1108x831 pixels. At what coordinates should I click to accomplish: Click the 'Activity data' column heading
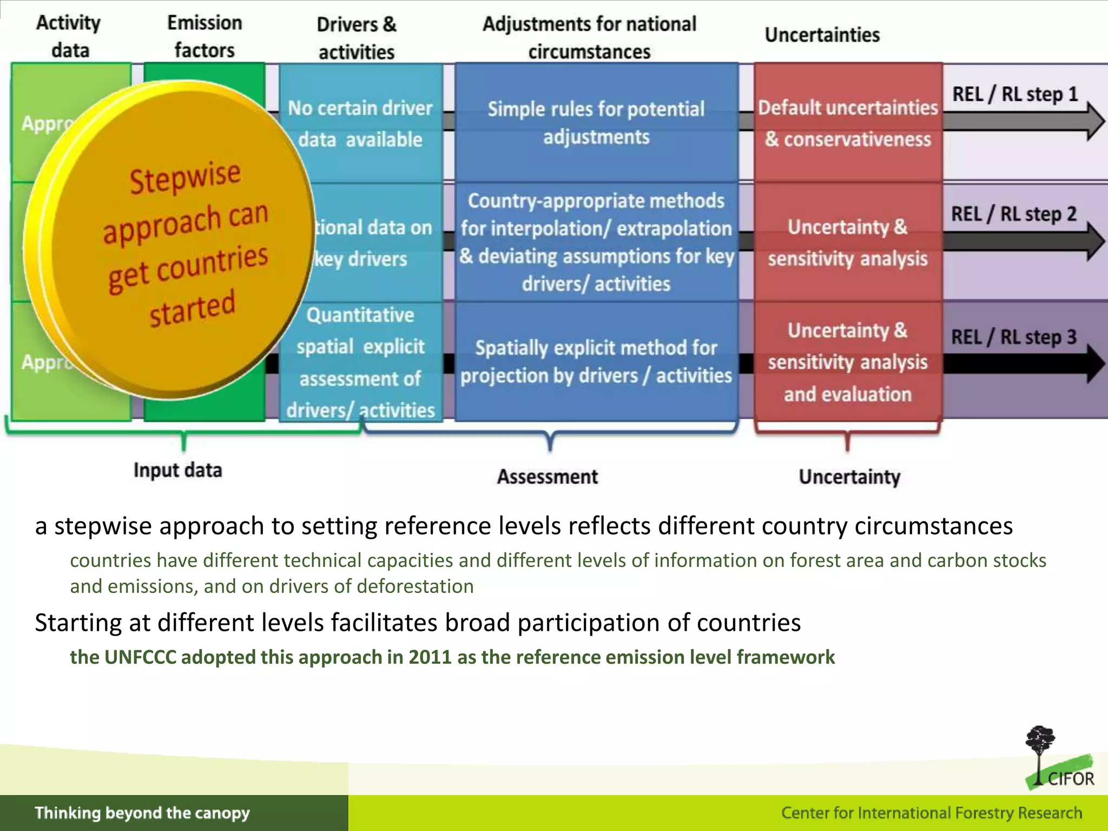point(69,36)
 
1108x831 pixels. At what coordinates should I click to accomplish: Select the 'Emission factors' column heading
point(205,36)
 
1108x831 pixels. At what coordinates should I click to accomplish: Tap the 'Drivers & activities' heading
point(357,38)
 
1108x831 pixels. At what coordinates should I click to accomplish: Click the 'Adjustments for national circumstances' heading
point(589,37)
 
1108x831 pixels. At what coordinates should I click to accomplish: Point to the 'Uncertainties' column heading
point(822,35)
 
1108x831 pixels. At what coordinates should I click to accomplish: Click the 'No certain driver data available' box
point(361,123)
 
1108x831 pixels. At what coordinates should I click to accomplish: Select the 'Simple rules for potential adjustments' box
point(596,123)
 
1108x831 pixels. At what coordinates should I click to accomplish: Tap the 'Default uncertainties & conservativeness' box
point(848,123)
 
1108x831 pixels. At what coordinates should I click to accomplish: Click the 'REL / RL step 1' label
point(1014,94)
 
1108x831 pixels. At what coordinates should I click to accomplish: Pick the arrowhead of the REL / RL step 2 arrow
point(1095,242)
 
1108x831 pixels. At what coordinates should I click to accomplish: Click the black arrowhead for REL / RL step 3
point(1095,364)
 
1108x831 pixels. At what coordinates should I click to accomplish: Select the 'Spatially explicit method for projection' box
point(596,361)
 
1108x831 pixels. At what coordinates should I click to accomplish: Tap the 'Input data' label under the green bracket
point(177,470)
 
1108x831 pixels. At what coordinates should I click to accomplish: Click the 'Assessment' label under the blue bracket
point(548,477)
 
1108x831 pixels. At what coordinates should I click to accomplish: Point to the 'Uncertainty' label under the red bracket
point(849,477)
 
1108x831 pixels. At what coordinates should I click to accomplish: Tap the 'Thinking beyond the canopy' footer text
point(142,813)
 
